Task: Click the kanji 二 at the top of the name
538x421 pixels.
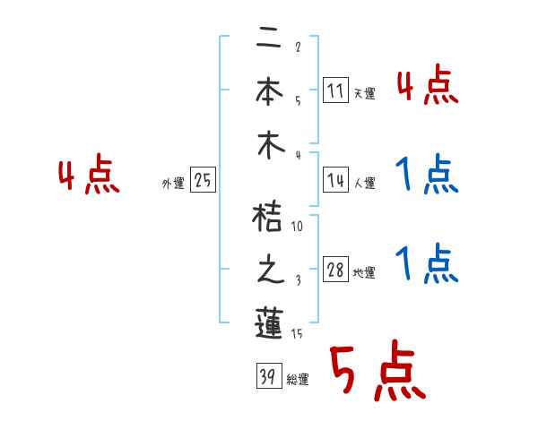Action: (x=269, y=39)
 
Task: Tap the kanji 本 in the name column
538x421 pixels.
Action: (x=269, y=90)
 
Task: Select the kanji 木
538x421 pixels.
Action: (x=269, y=145)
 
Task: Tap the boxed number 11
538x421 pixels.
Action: (x=335, y=90)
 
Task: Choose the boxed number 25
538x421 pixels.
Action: (x=203, y=181)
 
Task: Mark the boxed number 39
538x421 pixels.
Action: (x=266, y=376)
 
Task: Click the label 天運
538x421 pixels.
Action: (x=364, y=93)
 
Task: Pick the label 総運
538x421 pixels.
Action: (x=297, y=380)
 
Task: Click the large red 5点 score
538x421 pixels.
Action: (x=374, y=371)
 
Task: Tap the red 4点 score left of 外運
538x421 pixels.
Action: (x=89, y=176)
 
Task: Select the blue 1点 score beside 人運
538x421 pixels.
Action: (x=426, y=174)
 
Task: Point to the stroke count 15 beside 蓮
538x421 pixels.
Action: (x=298, y=334)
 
